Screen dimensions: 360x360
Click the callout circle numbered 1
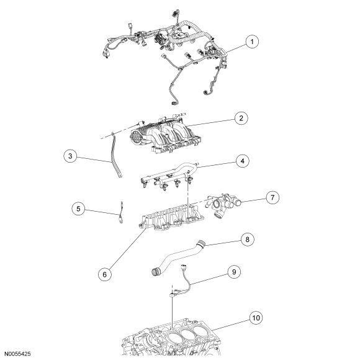click(x=252, y=42)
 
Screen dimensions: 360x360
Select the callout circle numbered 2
click(x=241, y=118)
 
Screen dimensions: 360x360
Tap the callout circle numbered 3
click(x=70, y=156)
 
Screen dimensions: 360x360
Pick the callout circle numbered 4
click(x=243, y=161)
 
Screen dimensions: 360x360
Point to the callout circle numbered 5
click(x=78, y=209)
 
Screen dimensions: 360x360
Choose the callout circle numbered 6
click(x=105, y=274)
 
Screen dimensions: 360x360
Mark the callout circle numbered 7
click(x=272, y=197)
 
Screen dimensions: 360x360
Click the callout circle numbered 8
click(x=247, y=240)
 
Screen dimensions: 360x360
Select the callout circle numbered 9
click(x=234, y=272)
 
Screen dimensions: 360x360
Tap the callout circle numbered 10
click(x=256, y=318)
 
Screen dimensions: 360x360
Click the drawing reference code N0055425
click(x=18, y=354)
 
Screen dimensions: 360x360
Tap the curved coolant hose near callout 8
click(x=177, y=256)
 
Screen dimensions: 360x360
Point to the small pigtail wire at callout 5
click(x=121, y=212)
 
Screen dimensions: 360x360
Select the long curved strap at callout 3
click(x=116, y=155)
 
